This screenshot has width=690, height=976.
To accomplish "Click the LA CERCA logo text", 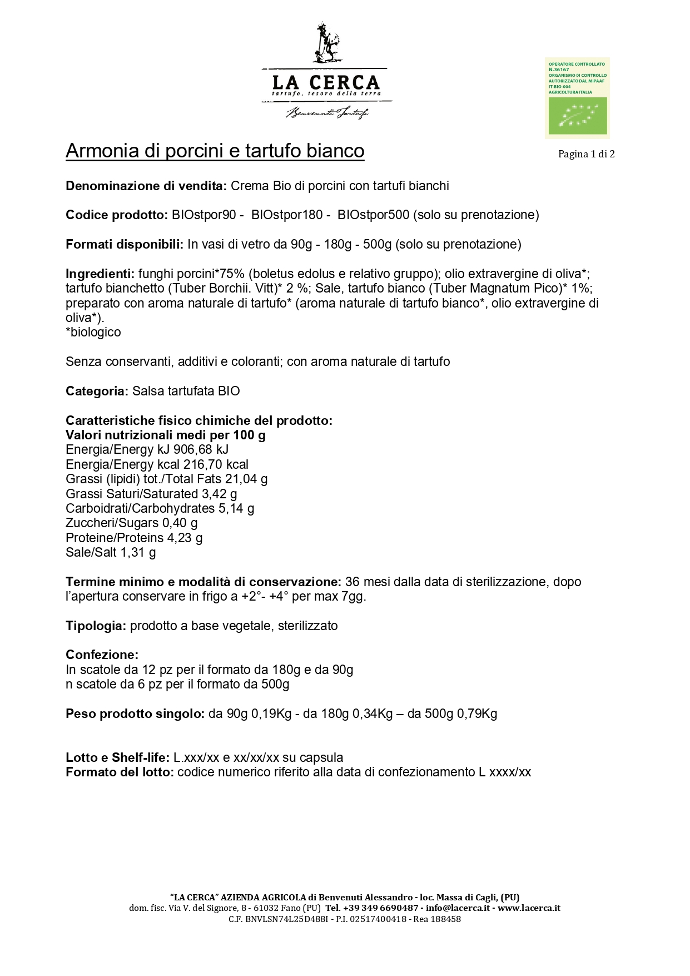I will tap(326, 83).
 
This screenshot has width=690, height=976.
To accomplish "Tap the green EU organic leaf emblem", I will tap(578, 116).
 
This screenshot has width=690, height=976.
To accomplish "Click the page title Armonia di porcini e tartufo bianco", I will tap(215, 151).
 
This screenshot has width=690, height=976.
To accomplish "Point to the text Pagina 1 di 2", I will tap(586, 154).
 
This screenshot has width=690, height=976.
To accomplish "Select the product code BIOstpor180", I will tap(286, 215).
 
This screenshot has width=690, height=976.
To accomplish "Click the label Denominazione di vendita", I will tap(146, 186).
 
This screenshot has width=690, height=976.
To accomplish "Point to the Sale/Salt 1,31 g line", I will tap(111, 552).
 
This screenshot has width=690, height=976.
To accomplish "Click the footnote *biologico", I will tap(93, 333).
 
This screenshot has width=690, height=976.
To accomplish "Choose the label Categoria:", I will tap(97, 391).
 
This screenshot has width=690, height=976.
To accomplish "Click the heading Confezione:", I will tap(102, 655).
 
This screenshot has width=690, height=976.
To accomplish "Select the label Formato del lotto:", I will tap(120, 772).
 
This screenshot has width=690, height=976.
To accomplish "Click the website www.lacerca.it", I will tap(529, 908).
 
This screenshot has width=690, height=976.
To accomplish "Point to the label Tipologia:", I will tap(96, 626).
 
